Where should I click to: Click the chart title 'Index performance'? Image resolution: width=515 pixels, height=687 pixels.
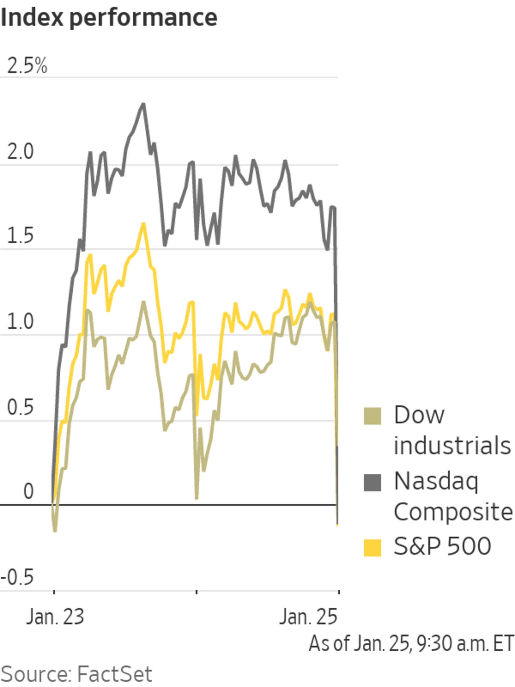[x=109, y=18]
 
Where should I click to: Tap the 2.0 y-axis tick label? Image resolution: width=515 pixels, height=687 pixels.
[x=20, y=152]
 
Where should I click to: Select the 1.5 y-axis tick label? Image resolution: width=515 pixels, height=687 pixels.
[x=20, y=236]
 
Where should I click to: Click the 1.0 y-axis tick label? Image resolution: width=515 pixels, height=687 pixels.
[x=20, y=321]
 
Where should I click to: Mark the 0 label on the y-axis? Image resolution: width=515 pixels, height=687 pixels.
[x=28, y=491]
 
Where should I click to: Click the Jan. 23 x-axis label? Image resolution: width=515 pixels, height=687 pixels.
[x=55, y=617]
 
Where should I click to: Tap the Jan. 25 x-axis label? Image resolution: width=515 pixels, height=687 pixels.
[x=308, y=617]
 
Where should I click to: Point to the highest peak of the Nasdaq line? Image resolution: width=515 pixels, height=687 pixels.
[x=143, y=104]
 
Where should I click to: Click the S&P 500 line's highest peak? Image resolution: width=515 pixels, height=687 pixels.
[x=143, y=224]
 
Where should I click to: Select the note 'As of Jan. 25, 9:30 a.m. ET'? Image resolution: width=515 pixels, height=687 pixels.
[x=411, y=644]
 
